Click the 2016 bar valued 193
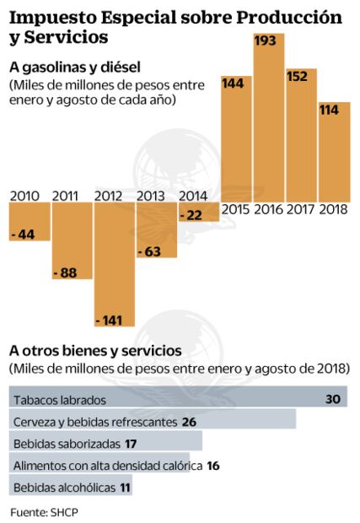coord(269,118)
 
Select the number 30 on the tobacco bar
coord(333,398)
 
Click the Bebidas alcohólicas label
coord(59,486)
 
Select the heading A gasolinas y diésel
coord(74,67)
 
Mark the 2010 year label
coord(27,197)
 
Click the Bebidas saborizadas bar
coord(105,442)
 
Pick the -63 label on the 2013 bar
coord(153,251)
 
